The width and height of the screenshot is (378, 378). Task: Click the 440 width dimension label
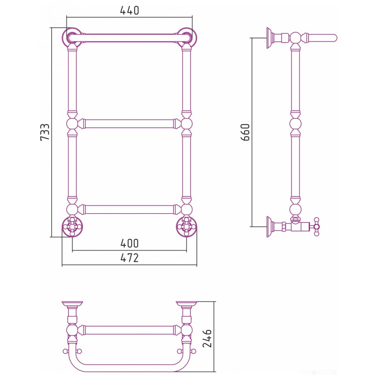129,11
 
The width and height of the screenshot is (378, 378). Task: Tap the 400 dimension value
129,243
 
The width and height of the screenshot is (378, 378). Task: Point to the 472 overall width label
129,258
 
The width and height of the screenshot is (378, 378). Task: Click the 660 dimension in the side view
245,132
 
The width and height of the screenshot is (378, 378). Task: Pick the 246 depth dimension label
207,338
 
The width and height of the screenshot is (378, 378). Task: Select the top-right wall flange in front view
187,37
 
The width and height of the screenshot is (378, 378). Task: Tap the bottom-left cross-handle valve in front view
72,226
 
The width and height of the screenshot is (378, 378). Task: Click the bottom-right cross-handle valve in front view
186,226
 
